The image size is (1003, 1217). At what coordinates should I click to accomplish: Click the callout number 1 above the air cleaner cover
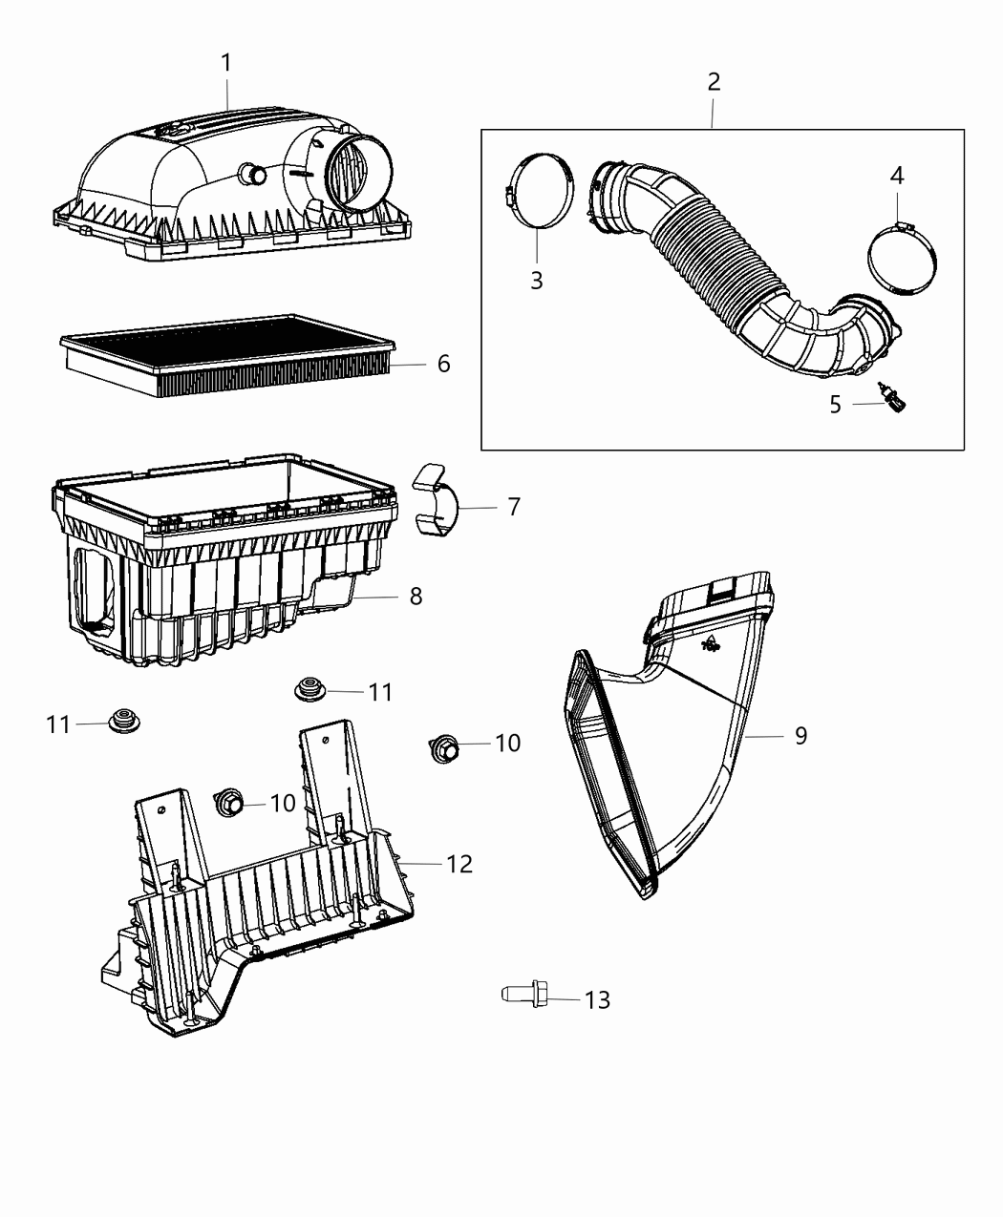tap(226, 63)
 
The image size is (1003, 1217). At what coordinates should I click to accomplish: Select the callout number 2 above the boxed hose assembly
tap(714, 82)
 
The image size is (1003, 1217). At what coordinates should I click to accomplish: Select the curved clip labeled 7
tap(436, 498)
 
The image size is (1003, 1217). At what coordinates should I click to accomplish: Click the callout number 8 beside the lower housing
tap(416, 597)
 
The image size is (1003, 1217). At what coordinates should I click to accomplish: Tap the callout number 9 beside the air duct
tap(800, 735)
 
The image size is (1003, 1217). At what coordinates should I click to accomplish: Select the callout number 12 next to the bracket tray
tap(459, 864)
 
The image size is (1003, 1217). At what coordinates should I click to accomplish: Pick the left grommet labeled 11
tap(122, 723)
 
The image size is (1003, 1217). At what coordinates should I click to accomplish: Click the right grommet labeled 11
tap(309, 688)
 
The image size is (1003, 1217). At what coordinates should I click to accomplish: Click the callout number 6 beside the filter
tap(443, 364)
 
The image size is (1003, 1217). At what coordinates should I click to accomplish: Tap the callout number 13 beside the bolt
tap(597, 999)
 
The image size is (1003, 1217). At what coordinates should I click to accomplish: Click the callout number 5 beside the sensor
tap(835, 405)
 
